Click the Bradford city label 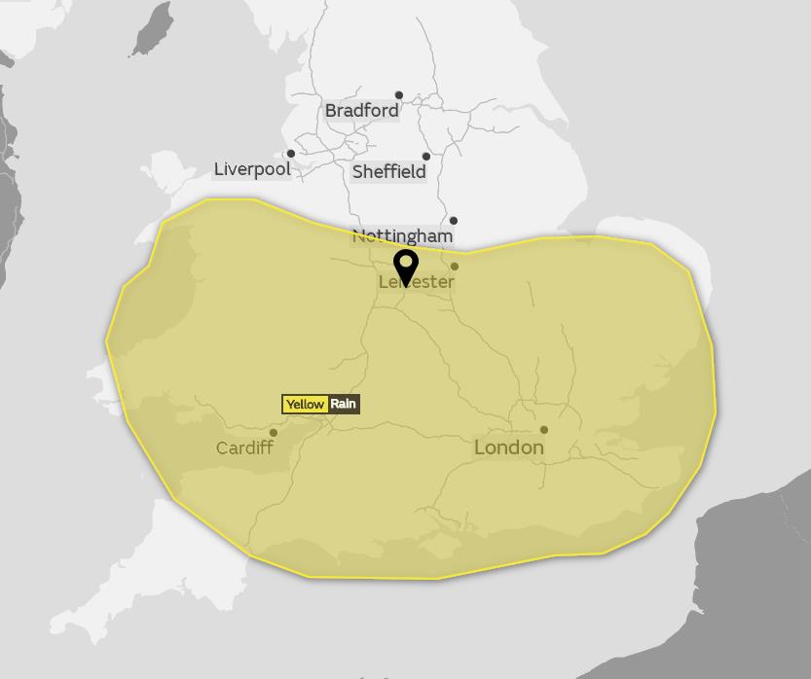click(x=361, y=111)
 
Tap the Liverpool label click(x=252, y=169)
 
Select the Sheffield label click(x=388, y=172)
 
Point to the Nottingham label click(x=402, y=236)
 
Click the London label click(x=508, y=447)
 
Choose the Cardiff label click(x=244, y=448)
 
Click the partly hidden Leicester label click(x=417, y=282)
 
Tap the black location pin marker click(x=405, y=265)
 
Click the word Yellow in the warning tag click(x=305, y=405)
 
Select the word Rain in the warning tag click(x=344, y=405)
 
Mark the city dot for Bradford click(x=398, y=95)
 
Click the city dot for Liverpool click(x=290, y=154)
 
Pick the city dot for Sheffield click(x=425, y=157)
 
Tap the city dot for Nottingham click(x=453, y=221)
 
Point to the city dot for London click(x=543, y=430)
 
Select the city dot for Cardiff click(x=274, y=433)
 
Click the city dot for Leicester click(x=455, y=267)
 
